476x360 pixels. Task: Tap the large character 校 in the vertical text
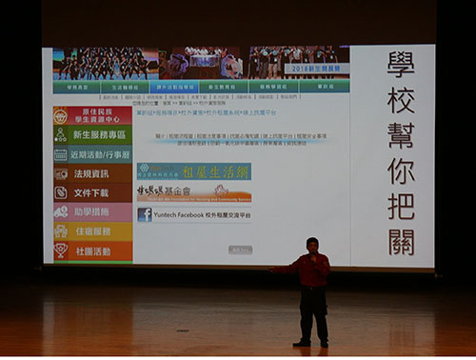pyautogui.click(x=401, y=99)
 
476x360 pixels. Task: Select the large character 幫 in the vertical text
pyautogui.click(x=401, y=134)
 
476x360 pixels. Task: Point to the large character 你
pyautogui.click(x=401, y=170)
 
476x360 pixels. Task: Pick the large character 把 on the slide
pyautogui.click(x=401, y=206)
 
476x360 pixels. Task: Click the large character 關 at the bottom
pyautogui.click(x=401, y=241)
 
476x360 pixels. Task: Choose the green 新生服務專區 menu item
pyautogui.click(x=92, y=135)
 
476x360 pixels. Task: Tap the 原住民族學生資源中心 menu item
pyautogui.click(x=92, y=115)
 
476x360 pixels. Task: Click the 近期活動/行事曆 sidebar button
pyautogui.click(x=92, y=154)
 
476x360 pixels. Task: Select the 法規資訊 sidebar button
pyautogui.click(x=92, y=173)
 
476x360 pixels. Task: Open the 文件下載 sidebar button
pyautogui.click(x=92, y=192)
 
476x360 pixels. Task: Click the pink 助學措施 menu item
pyautogui.click(x=92, y=211)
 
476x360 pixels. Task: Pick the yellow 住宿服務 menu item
pyautogui.click(x=92, y=231)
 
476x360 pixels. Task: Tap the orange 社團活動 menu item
pyautogui.click(x=92, y=250)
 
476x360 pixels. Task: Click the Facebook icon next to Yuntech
pyautogui.click(x=145, y=214)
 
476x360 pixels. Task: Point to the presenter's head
pyautogui.click(x=311, y=245)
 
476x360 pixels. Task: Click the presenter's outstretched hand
pyautogui.click(x=272, y=270)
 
